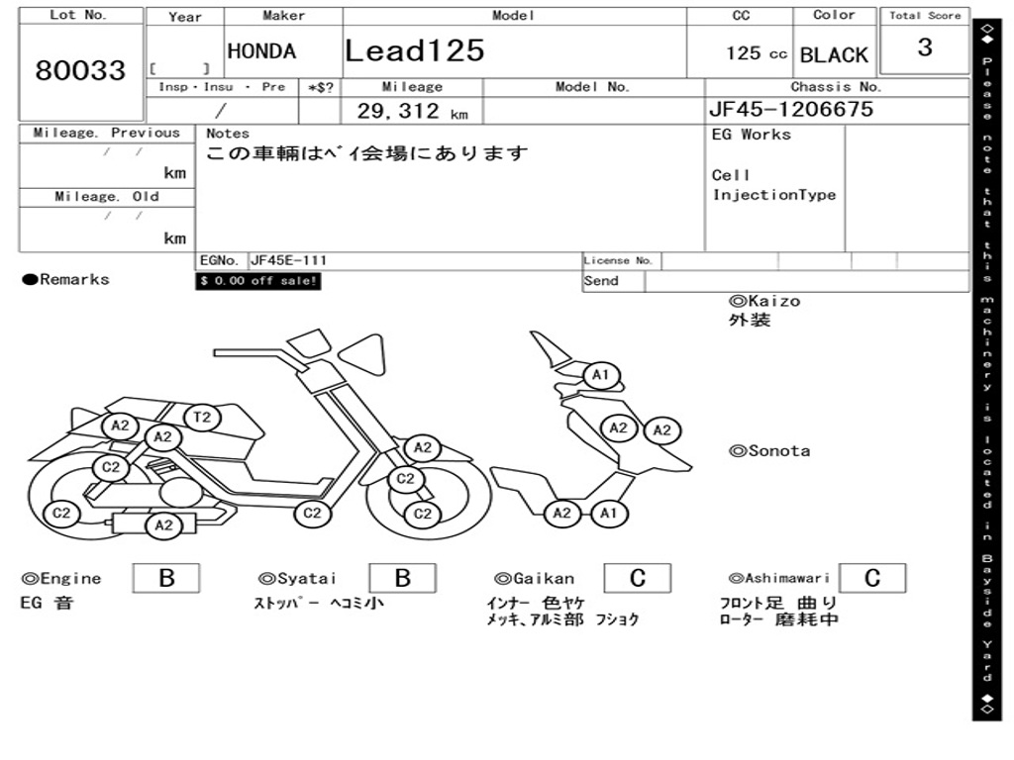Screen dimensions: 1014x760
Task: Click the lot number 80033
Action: [80, 70]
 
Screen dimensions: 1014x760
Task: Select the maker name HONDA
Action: [261, 51]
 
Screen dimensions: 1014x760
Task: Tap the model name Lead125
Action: [415, 50]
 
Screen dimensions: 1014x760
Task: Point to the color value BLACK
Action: [834, 55]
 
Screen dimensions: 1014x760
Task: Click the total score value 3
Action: [925, 47]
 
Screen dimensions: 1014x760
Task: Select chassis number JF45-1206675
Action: [791, 109]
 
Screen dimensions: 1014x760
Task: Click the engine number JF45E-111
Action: [289, 261]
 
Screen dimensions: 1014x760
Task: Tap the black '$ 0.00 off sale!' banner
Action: [258, 281]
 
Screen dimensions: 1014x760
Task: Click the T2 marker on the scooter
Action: [202, 418]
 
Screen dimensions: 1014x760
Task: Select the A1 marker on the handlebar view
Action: [600, 376]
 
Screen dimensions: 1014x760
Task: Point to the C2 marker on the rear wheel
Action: [61, 513]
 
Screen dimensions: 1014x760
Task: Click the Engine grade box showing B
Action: [166, 578]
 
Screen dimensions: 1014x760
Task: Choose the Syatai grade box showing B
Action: [402, 578]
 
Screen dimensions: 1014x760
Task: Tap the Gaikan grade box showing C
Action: [637, 578]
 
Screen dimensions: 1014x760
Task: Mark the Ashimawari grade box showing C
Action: [871, 578]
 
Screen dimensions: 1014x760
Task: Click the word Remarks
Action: [74, 280]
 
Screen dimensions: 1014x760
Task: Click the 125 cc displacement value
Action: [757, 53]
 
